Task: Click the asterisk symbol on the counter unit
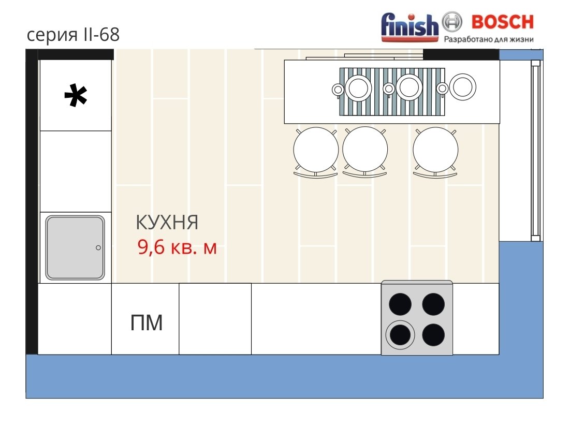(x=76, y=95)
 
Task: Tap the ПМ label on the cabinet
(x=147, y=323)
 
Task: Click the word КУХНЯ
(x=167, y=222)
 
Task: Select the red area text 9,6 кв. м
(x=177, y=247)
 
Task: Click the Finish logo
(x=410, y=26)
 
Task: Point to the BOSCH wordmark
(x=503, y=22)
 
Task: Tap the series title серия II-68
(x=73, y=35)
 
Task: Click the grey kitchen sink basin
(x=75, y=247)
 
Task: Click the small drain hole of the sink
(x=98, y=247)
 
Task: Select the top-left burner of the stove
(x=400, y=304)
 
